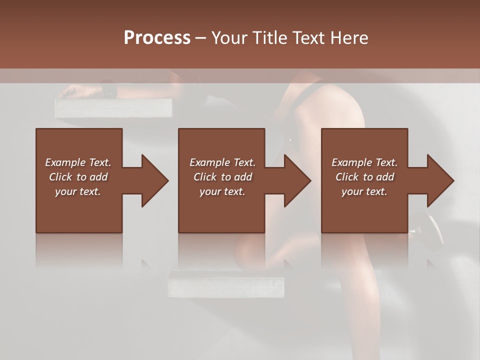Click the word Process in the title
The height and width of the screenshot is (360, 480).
point(157,38)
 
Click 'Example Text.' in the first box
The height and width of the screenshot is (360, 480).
point(78,162)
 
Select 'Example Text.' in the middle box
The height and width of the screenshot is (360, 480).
point(222,162)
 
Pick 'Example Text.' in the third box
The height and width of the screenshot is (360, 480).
point(364,162)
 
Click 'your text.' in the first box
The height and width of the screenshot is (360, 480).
point(78,191)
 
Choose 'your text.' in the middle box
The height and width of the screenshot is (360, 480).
point(222,191)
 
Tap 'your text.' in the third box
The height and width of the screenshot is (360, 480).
point(364,191)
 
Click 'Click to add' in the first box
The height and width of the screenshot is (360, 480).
point(78,177)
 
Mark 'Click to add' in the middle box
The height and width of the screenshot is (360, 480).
point(222,177)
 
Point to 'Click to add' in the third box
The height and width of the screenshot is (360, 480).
point(364,177)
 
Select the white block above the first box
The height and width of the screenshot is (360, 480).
point(113,108)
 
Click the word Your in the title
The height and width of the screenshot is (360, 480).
point(228,38)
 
